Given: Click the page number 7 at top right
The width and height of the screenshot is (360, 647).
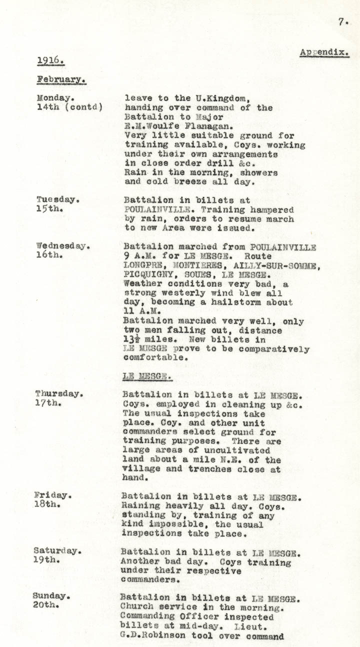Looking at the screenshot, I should coord(341,21).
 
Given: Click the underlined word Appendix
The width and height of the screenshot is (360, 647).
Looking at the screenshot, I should coord(324,52).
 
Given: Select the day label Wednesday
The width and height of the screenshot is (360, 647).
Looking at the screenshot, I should coord(62,246).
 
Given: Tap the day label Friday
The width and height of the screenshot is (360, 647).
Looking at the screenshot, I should coord(52,495).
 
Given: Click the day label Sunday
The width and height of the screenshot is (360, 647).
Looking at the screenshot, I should coord(51,596).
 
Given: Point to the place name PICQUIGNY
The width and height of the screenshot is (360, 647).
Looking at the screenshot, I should coord(145,274).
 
